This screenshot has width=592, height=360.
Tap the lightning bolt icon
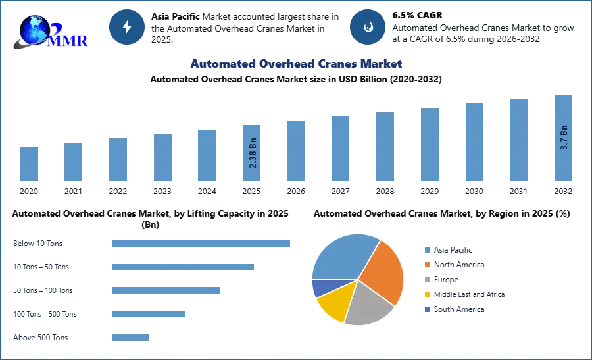[127, 27]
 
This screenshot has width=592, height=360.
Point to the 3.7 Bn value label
[563, 138]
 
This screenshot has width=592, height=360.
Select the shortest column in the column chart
[29, 165]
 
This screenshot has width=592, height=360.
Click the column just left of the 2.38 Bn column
[205, 155]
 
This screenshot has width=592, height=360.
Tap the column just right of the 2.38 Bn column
[295, 152]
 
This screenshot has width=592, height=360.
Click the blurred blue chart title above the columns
[296, 64]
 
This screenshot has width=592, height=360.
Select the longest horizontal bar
[201, 243]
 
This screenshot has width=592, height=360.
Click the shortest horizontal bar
[131, 337]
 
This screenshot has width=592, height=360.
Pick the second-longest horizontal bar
[184, 268]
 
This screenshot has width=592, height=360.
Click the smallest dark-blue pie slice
[320, 287]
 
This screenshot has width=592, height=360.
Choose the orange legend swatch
[427, 265]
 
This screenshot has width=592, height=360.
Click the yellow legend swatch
[427, 295]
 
